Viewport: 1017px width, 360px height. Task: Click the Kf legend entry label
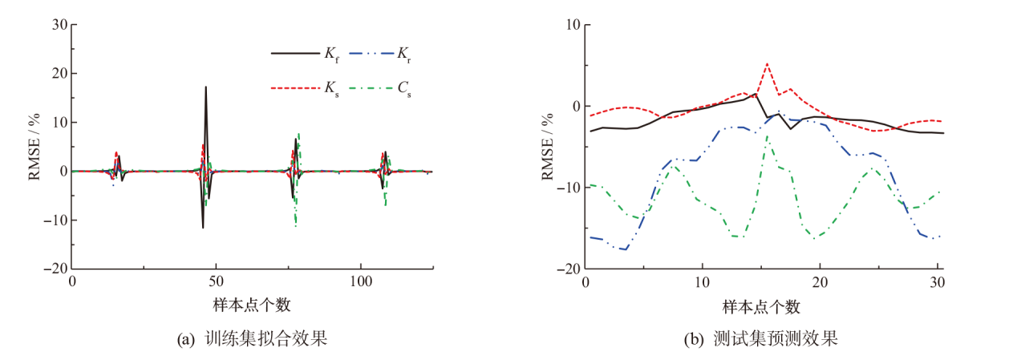click(x=331, y=54)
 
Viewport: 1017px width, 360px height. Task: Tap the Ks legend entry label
click(x=331, y=87)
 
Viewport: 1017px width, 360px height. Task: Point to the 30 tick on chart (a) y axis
click(x=58, y=24)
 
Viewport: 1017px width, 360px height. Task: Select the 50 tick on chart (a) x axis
click(x=216, y=283)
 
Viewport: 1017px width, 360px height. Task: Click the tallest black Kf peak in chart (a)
click(x=206, y=87)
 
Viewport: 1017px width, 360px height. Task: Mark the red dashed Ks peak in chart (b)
click(x=768, y=63)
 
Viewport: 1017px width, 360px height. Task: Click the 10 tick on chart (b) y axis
click(x=573, y=24)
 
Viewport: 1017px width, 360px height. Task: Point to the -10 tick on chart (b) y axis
click(x=568, y=188)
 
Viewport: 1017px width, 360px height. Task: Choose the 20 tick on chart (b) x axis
click(x=820, y=283)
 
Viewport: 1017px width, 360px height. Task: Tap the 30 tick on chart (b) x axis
click(x=936, y=283)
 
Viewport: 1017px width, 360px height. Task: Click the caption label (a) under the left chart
click(x=185, y=339)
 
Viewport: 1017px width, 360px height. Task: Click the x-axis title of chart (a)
click(x=252, y=305)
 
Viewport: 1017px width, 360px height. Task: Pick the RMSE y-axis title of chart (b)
click(x=549, y=147)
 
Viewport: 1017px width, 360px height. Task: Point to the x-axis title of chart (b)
click(x=761, y=305)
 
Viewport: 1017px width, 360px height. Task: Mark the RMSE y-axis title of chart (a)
click(x=35, y=147)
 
